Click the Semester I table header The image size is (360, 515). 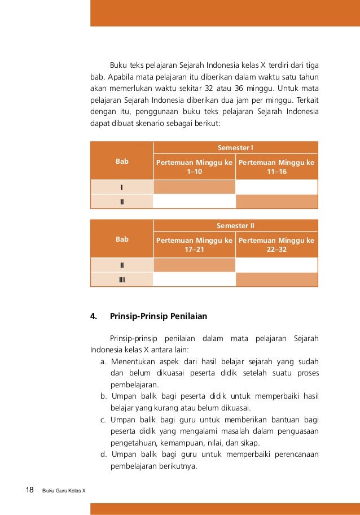[235, 147]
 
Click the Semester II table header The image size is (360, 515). [235, 225]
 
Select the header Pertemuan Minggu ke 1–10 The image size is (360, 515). [194, 167]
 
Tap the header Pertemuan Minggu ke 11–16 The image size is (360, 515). [276, 167]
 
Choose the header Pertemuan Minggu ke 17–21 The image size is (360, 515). [194, 245]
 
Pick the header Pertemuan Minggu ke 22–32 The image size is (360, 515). [276, 245]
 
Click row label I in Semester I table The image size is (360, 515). [122, 187]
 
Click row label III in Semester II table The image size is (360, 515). [122, 280]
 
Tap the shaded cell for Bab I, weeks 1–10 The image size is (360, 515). [194, 187]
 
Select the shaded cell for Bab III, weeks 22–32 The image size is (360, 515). [276, 280]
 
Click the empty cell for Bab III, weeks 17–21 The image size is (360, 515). [194, 280]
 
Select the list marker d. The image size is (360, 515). [104, 454]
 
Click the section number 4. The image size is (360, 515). [94, 316]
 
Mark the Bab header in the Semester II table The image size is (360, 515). [122, 239]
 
